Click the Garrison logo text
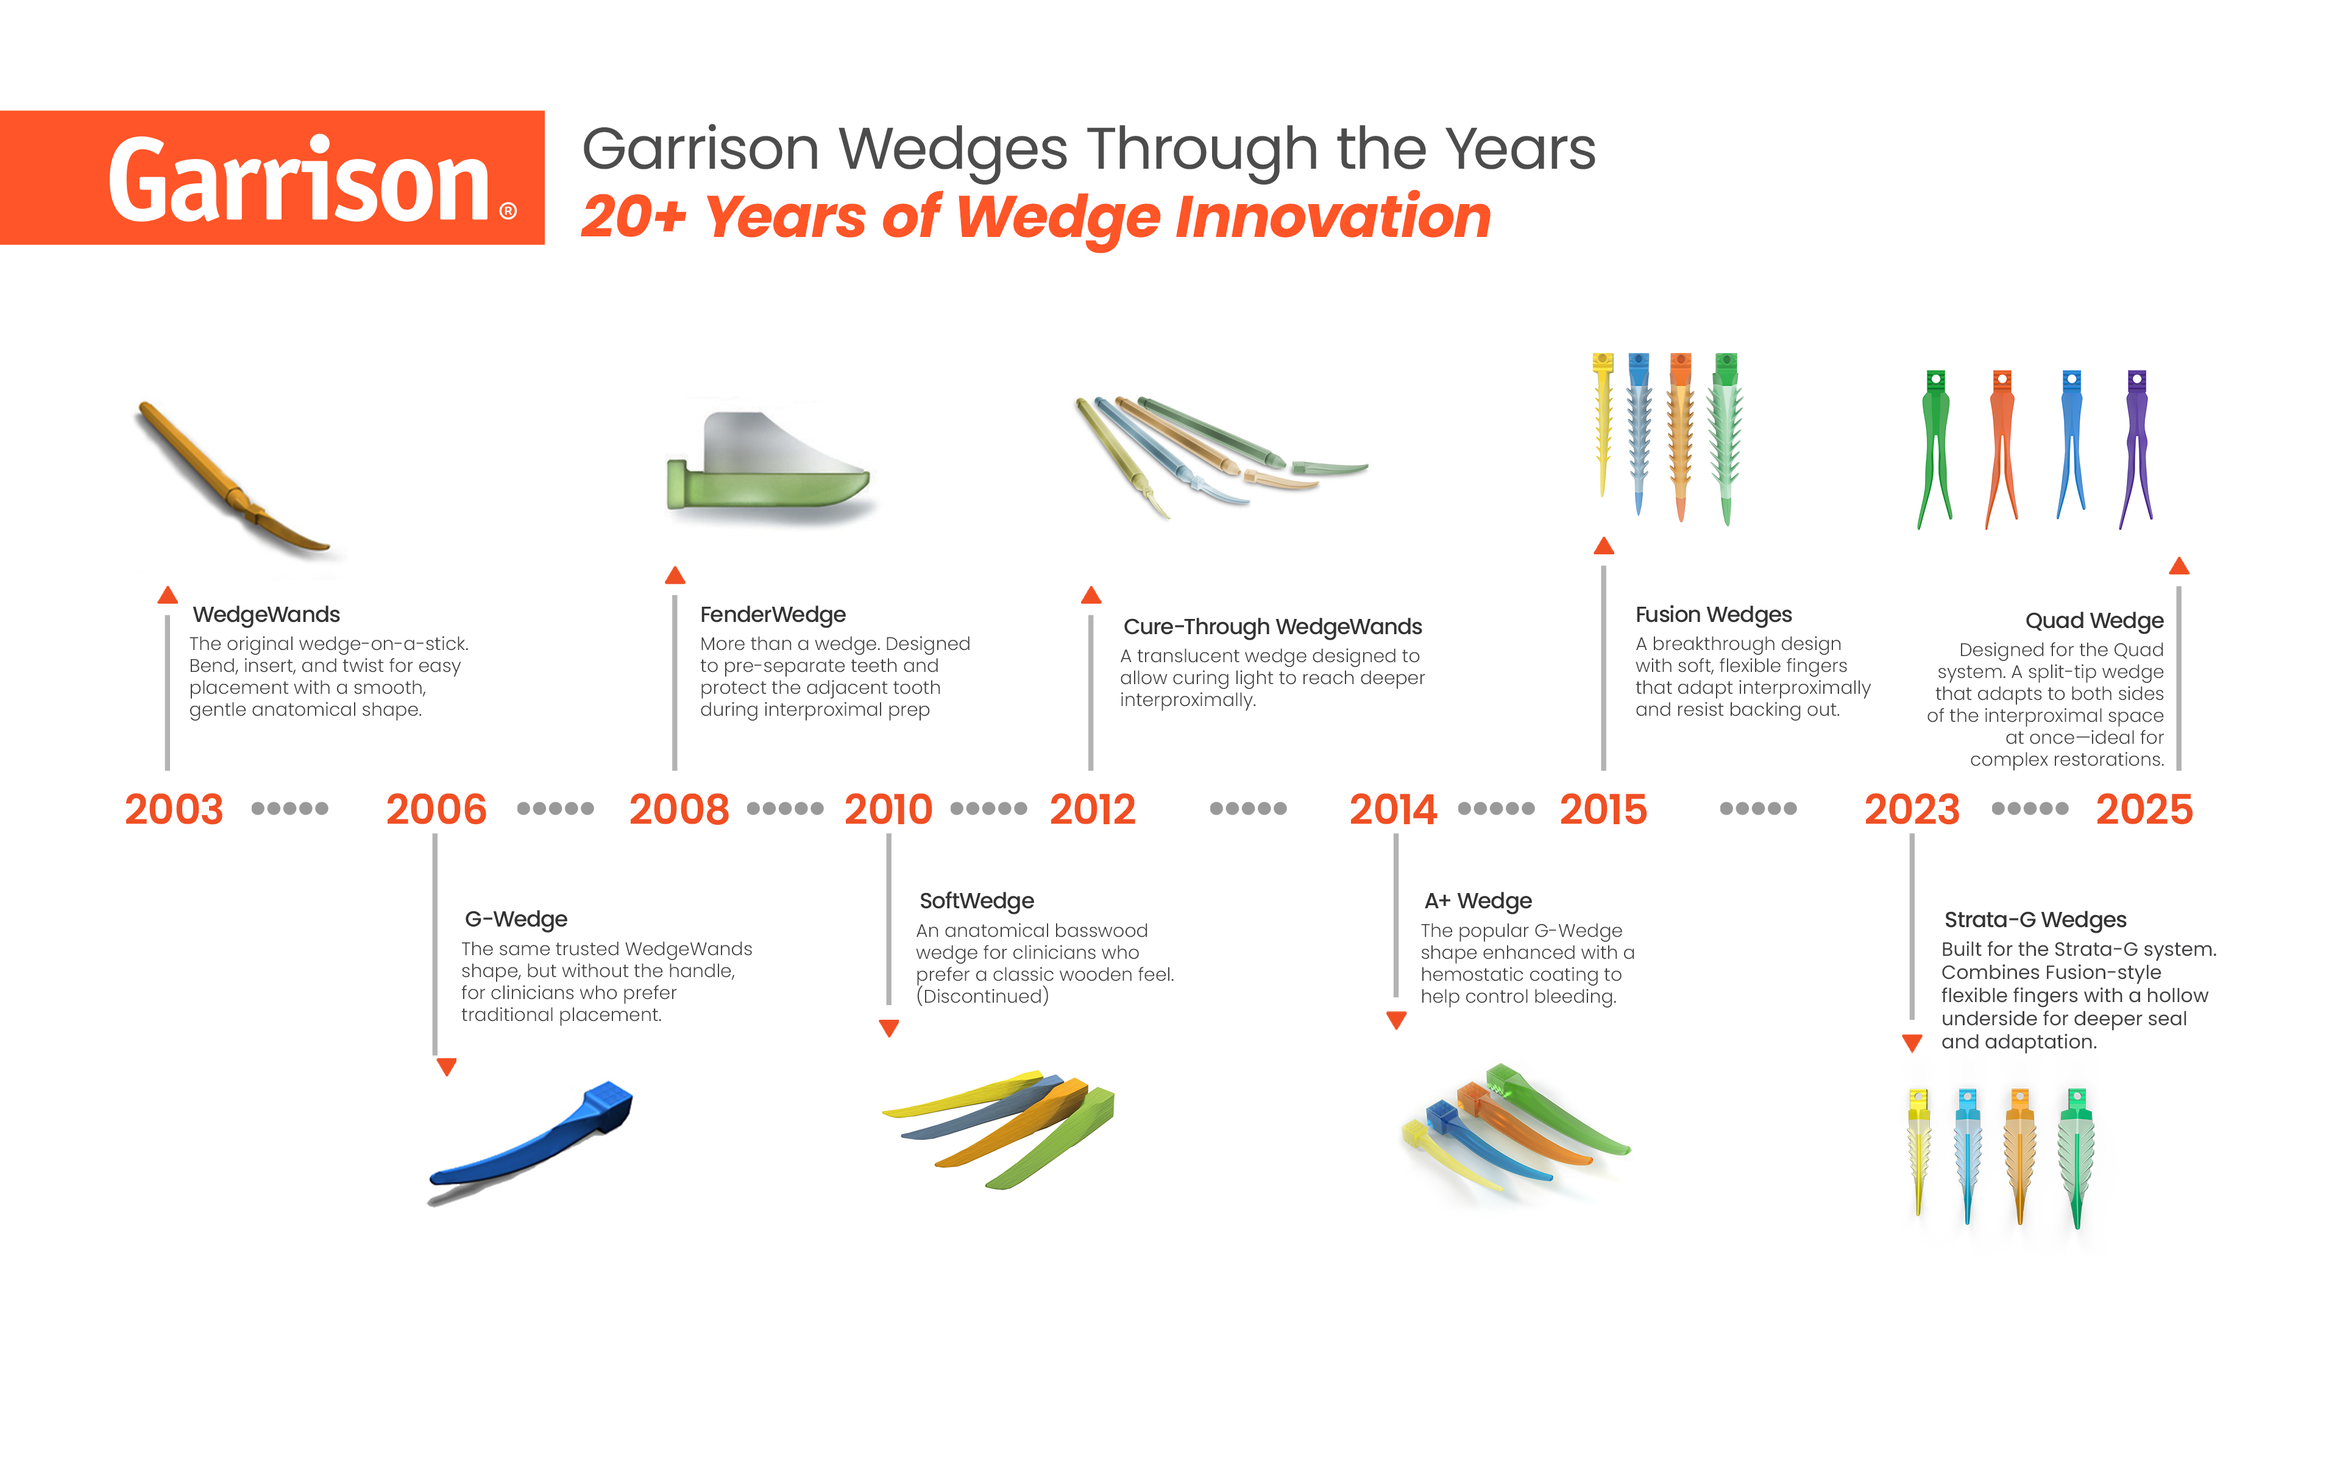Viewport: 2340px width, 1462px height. (300, 180)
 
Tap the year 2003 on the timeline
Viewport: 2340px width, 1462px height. (174, 810)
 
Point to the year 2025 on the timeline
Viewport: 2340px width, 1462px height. (2144, 810)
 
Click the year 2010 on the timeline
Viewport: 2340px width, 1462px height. (888, 810)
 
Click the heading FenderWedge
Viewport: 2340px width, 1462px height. (773, 615)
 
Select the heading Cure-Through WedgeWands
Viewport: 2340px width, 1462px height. (1272, 627)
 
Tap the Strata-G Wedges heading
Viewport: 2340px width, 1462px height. (2035, 920)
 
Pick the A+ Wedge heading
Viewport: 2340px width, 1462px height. (1478, 901)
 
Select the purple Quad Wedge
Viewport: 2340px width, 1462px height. (2136, 445)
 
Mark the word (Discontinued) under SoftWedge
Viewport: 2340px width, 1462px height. (982, 996)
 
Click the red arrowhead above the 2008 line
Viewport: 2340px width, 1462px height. (675, 576)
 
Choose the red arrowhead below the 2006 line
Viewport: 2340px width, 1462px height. (446, 1067)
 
